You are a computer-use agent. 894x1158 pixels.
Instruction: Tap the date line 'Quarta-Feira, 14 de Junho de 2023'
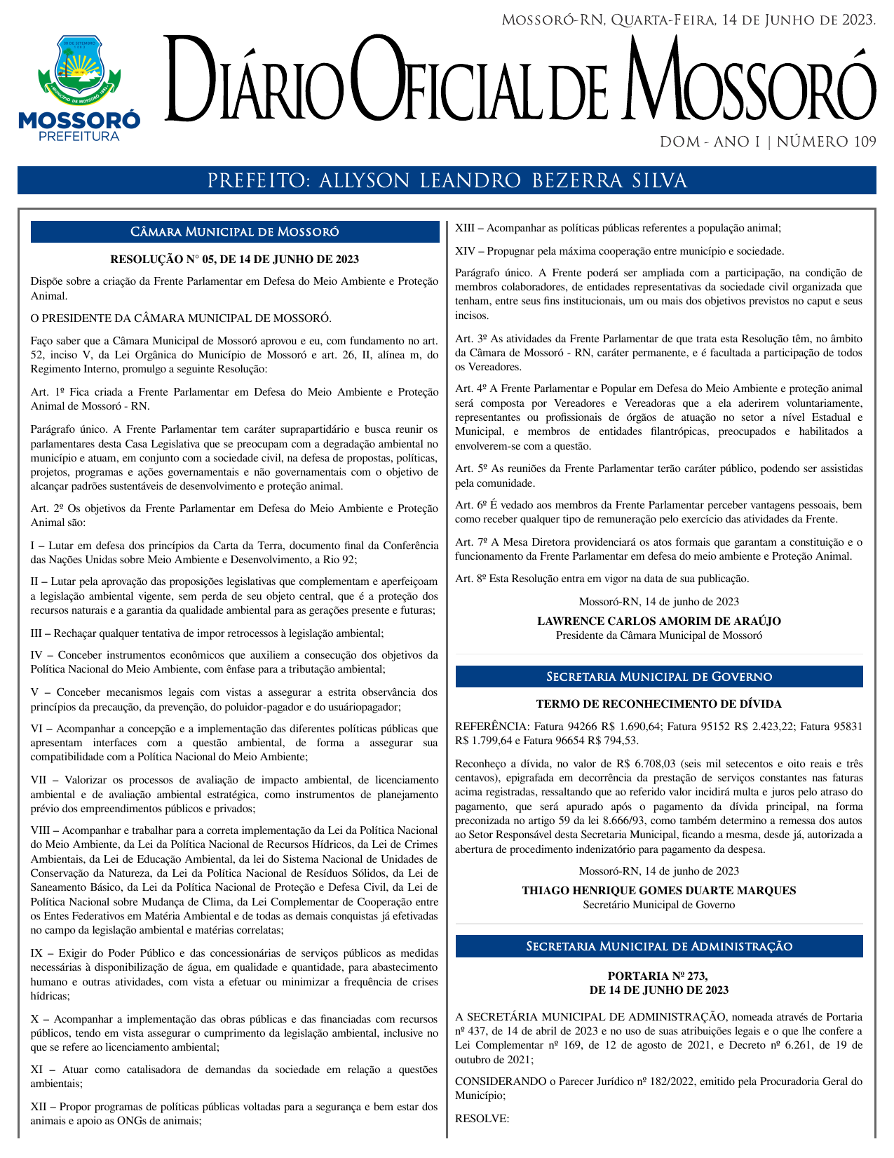(743, 20)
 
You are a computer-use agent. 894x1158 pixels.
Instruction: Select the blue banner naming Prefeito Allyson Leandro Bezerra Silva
(447, 181)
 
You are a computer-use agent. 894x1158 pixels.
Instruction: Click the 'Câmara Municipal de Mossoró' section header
(235, 232)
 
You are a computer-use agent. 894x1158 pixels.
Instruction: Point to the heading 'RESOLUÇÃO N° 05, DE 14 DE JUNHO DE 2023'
(235, 260)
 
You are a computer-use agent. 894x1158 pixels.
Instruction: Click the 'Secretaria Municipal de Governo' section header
(658, 677)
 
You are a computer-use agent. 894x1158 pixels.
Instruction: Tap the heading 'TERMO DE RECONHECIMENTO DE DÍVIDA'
(658, 704)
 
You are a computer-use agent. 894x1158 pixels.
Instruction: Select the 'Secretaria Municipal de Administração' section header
(658, 947)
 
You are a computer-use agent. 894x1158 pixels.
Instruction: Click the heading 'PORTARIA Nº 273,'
(658, 976)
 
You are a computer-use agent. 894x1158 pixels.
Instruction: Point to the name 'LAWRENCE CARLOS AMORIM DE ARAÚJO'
(658, 621)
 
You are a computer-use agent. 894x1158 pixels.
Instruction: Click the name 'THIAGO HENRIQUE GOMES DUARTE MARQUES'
(658, 891)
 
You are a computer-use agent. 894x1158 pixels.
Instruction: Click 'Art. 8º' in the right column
(470, 579)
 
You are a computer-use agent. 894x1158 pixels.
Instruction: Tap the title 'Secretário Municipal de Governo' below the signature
(658, 905)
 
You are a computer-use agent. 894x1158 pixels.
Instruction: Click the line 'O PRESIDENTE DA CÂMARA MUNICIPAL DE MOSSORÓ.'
(181, 318)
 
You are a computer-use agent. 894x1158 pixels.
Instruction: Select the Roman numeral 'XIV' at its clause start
(466, 251)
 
